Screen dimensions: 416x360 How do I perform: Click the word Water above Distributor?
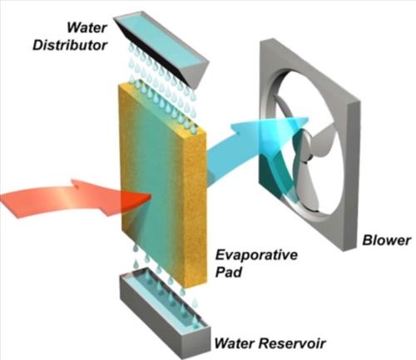pyautogui.click(x=87, y=27)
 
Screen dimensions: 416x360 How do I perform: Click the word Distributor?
pyautogui.click(x=70, y=46)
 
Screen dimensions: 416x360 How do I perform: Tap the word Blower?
pyautogui.click(x=386, y=240)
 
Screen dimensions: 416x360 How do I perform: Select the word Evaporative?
pyautogui.click(x=256, y=255)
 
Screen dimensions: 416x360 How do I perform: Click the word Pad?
pyautogui.click(x=229, y=272)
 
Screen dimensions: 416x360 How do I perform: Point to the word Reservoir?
pyautogui.click(x=292, y=343)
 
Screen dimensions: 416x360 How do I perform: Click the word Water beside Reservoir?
pyautogui.click(x=235, y=343)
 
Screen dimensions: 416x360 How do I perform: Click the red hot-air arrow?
pyautogui.click(x=75, y=199)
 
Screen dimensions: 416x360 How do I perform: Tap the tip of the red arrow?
pyautogui.click(x=151, y=196)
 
